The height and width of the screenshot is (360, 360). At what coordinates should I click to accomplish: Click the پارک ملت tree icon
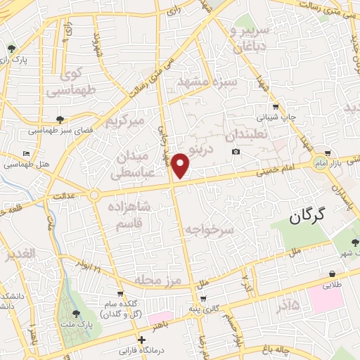pos(76,314)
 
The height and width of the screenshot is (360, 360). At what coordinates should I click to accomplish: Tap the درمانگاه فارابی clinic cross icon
pos(143,340)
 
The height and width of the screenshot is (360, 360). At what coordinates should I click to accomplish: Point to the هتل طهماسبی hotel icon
pos(27,153)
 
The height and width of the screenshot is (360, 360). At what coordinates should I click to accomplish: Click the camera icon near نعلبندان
pos(236,152)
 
